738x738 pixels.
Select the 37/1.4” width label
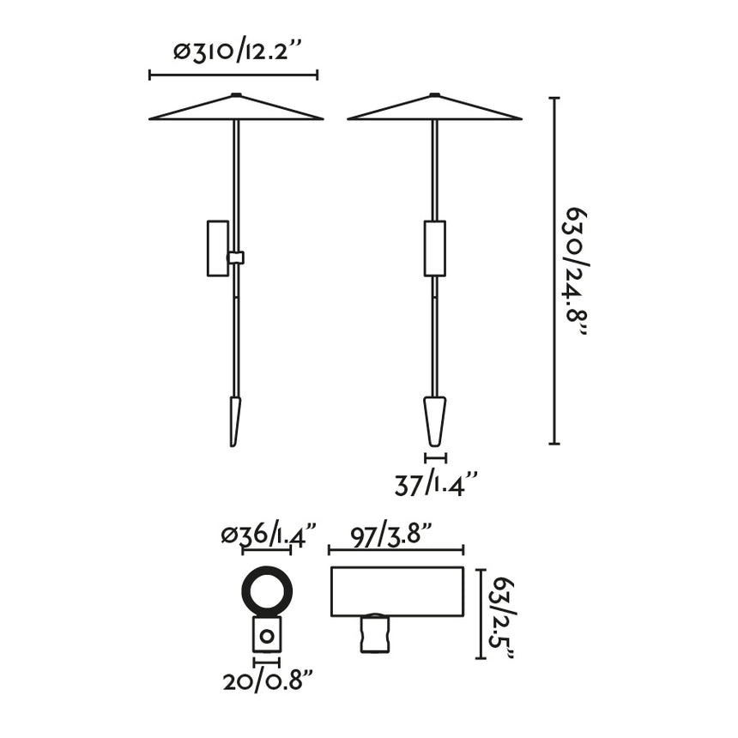coord(435,486)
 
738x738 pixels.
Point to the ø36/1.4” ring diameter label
coord(269,535)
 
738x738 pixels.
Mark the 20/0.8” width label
coord(267,682)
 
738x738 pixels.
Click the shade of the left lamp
coord(236,110)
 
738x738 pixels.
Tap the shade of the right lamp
coord(435,110)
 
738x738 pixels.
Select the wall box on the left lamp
coord(218,249)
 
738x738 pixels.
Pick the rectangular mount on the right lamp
coord(435,249)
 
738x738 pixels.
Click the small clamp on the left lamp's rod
coord(236,257)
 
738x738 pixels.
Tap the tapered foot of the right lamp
coord(436,420)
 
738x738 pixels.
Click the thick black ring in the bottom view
coord(267,592)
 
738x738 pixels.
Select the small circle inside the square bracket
coord(267,637)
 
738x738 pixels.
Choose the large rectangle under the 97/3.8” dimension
coord(396,591)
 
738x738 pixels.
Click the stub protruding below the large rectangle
coord(372,635)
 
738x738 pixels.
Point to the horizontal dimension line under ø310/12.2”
coord(233,76)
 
